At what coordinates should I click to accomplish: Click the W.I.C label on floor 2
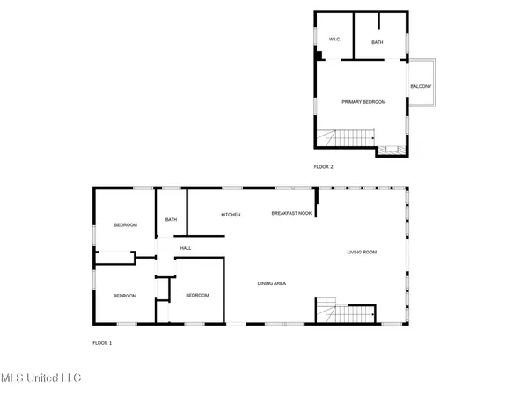(334, 40)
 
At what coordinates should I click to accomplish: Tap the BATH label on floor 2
(377, 42)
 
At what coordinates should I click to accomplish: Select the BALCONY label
(420, 85)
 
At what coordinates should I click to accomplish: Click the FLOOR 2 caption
(324, 166)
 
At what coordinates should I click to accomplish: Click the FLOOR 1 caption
(102, 341)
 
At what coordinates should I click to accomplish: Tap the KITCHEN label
(231, 215)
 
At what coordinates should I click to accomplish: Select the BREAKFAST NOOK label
(291, 214)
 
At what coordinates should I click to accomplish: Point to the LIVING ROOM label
(361, 253)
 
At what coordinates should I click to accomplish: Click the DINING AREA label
(272, 282)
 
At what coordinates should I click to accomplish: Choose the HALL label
(186, 248)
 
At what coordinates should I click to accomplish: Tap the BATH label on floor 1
(171, 220)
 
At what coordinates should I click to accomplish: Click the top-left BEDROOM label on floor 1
(126, 225)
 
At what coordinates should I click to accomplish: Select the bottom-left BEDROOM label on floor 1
(124, 296)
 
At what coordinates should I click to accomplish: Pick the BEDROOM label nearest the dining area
(197, 295)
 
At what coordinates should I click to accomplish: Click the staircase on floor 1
(346, 312)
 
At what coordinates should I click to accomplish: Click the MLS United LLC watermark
(40, 377)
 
